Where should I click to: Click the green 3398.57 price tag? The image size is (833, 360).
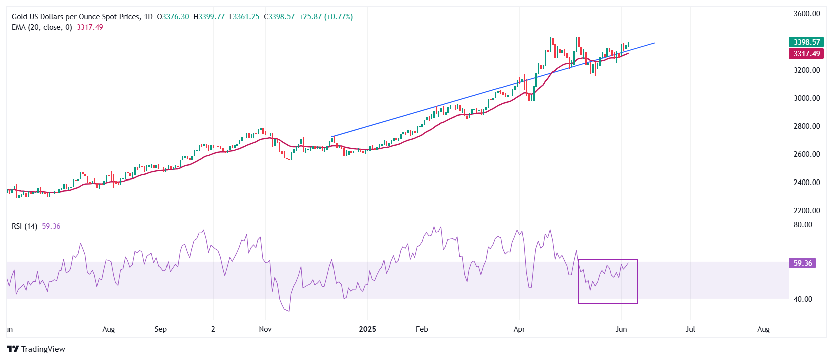point(806,42)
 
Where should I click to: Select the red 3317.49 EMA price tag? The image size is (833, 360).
point(806,54)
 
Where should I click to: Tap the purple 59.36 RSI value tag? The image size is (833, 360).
point(802,263)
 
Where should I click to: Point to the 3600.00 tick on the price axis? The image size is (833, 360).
point(806,14)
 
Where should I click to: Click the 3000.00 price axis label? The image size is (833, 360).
point(806,98)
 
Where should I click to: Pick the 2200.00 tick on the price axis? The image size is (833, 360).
point(806,211)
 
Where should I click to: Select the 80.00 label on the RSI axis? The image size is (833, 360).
point(802,225)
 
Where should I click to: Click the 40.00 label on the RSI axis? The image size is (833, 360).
point(802,299)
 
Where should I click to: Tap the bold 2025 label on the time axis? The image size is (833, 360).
point(367,329)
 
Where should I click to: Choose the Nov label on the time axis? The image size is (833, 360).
point(265,329)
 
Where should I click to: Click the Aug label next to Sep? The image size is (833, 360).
point(108,329)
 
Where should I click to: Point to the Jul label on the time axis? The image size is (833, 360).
point(690,329)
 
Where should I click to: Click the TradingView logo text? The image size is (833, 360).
point(43,349)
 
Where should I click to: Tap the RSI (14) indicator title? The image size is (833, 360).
point(24,226)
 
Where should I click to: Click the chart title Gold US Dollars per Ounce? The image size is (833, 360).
point(75,17)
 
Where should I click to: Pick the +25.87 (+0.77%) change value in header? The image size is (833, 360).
point(326,17)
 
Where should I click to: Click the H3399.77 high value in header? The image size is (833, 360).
point(209,17)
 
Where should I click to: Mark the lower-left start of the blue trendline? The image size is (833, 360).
point(332,136)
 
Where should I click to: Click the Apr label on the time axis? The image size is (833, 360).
point(519,329)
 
